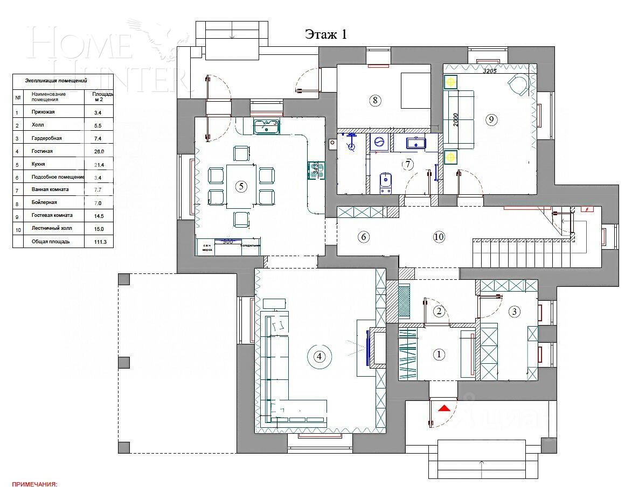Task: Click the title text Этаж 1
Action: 326,34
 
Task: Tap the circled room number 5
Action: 241,186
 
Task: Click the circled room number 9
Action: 490,119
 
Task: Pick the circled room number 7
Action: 408,164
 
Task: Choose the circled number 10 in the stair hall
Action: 439,236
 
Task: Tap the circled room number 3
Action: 514,311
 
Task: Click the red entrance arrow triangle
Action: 443,408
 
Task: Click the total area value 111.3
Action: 100,242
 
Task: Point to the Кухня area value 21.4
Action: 99,164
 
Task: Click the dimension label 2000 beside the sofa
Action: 456,119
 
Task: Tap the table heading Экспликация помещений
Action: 56,81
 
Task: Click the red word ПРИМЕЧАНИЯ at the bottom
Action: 34,484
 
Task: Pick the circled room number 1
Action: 439,354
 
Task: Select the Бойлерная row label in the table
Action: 44,202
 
